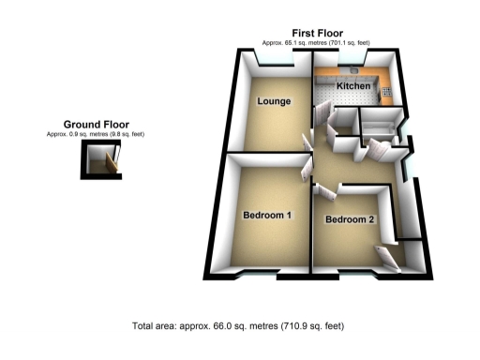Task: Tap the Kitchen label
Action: [353, 86]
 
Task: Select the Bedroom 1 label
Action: [268, 217]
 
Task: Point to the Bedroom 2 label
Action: [350, 220]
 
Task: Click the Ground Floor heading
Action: [96, 124]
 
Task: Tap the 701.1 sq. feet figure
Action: [352, 43]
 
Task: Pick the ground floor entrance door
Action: [113, 164]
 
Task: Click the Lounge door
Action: [307, 142]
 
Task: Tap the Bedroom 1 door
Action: [307, 174]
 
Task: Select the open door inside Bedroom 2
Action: [386, 256]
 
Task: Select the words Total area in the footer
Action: [157, 327]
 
